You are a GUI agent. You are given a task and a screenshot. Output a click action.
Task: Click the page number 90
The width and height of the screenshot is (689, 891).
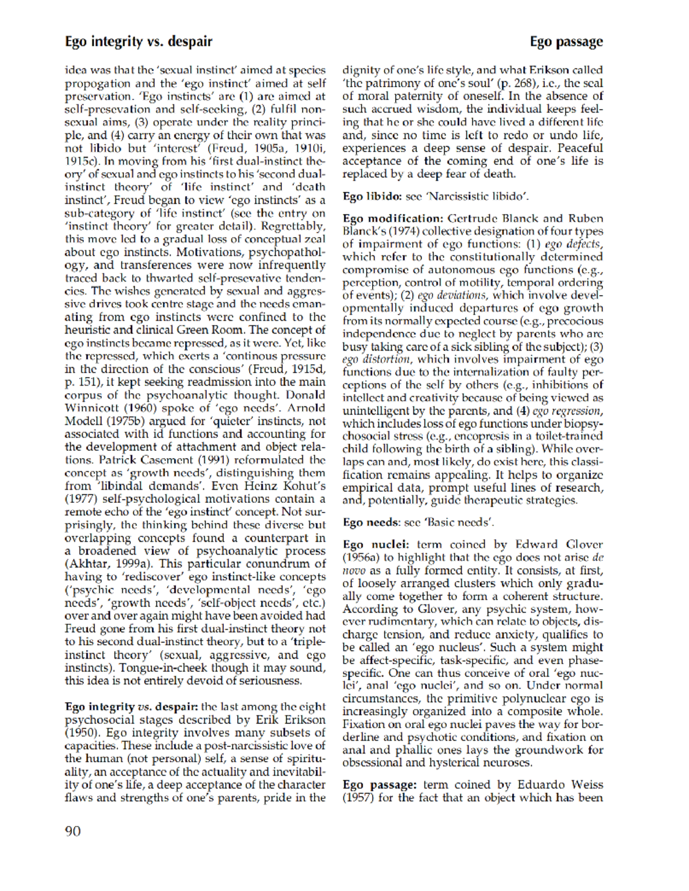73,831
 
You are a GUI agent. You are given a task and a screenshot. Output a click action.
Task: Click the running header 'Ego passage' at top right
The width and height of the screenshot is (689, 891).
566,41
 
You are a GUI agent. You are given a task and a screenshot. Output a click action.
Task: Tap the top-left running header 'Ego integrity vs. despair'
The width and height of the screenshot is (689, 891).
138,41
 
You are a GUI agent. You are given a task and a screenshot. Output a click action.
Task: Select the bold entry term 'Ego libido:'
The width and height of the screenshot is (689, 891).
371,196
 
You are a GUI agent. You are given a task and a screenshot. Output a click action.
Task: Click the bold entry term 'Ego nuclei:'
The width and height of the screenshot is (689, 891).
376,544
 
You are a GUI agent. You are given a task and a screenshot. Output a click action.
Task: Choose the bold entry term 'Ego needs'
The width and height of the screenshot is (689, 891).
370,522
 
